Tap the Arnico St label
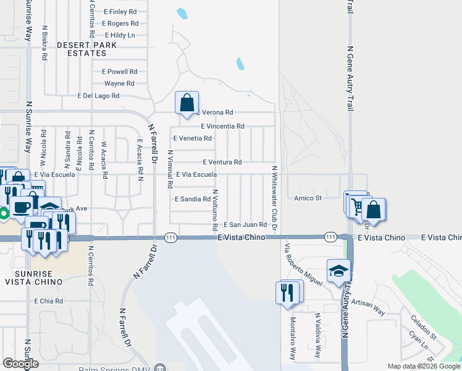point(308,198)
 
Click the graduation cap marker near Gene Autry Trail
point(338,271)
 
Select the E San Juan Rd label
point(245,224)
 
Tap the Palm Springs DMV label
point(114,368)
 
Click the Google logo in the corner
point(21,364)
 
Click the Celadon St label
point(423,328)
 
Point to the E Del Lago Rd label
point(98,96)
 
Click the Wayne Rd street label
point(119,83)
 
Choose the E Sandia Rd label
point(193,199)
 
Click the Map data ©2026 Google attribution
point(423,366)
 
